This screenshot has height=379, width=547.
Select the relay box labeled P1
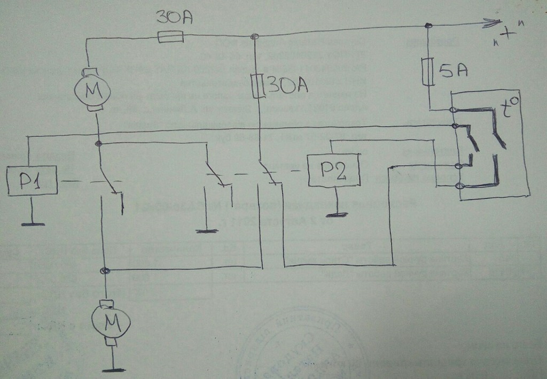point(32,181)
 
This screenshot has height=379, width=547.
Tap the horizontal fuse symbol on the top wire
point(171,37)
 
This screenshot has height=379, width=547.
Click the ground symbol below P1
point(32,224)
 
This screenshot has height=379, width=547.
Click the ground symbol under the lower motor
point(113,368)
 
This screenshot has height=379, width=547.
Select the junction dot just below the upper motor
point(98,144)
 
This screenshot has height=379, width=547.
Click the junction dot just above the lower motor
point(106,271)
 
